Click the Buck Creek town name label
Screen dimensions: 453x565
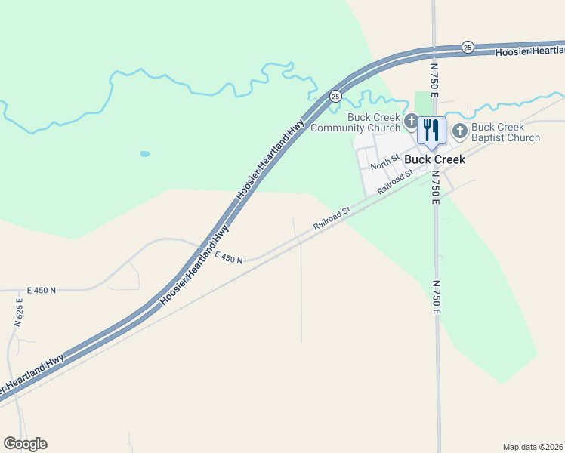click(434, 159)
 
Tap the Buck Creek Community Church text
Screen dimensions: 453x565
click(375, 122)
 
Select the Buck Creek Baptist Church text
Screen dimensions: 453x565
click(505, 132)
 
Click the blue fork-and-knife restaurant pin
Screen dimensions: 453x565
click(431, 130)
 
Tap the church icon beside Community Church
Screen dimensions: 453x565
click(411, 121)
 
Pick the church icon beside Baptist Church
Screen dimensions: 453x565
click(459, 132)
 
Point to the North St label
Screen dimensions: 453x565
click(384, 161)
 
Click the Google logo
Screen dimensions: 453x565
click(25, 444)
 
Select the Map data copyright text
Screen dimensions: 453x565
click(533, 447)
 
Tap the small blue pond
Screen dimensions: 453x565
click(144, 153)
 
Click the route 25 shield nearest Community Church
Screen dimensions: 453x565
click(335, 96)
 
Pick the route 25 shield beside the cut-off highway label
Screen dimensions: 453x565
click(468, 47)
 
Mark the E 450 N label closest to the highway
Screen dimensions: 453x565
click(228, 258)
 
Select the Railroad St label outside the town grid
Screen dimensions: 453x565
click(332, 219)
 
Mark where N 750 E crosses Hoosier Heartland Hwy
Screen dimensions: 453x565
click(434, 50)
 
